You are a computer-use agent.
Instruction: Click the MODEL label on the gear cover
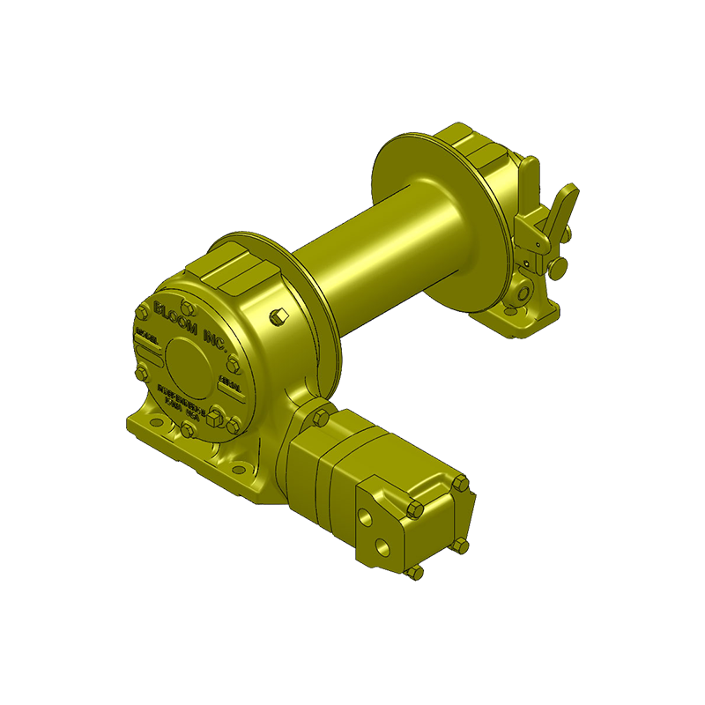click(148, 338)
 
